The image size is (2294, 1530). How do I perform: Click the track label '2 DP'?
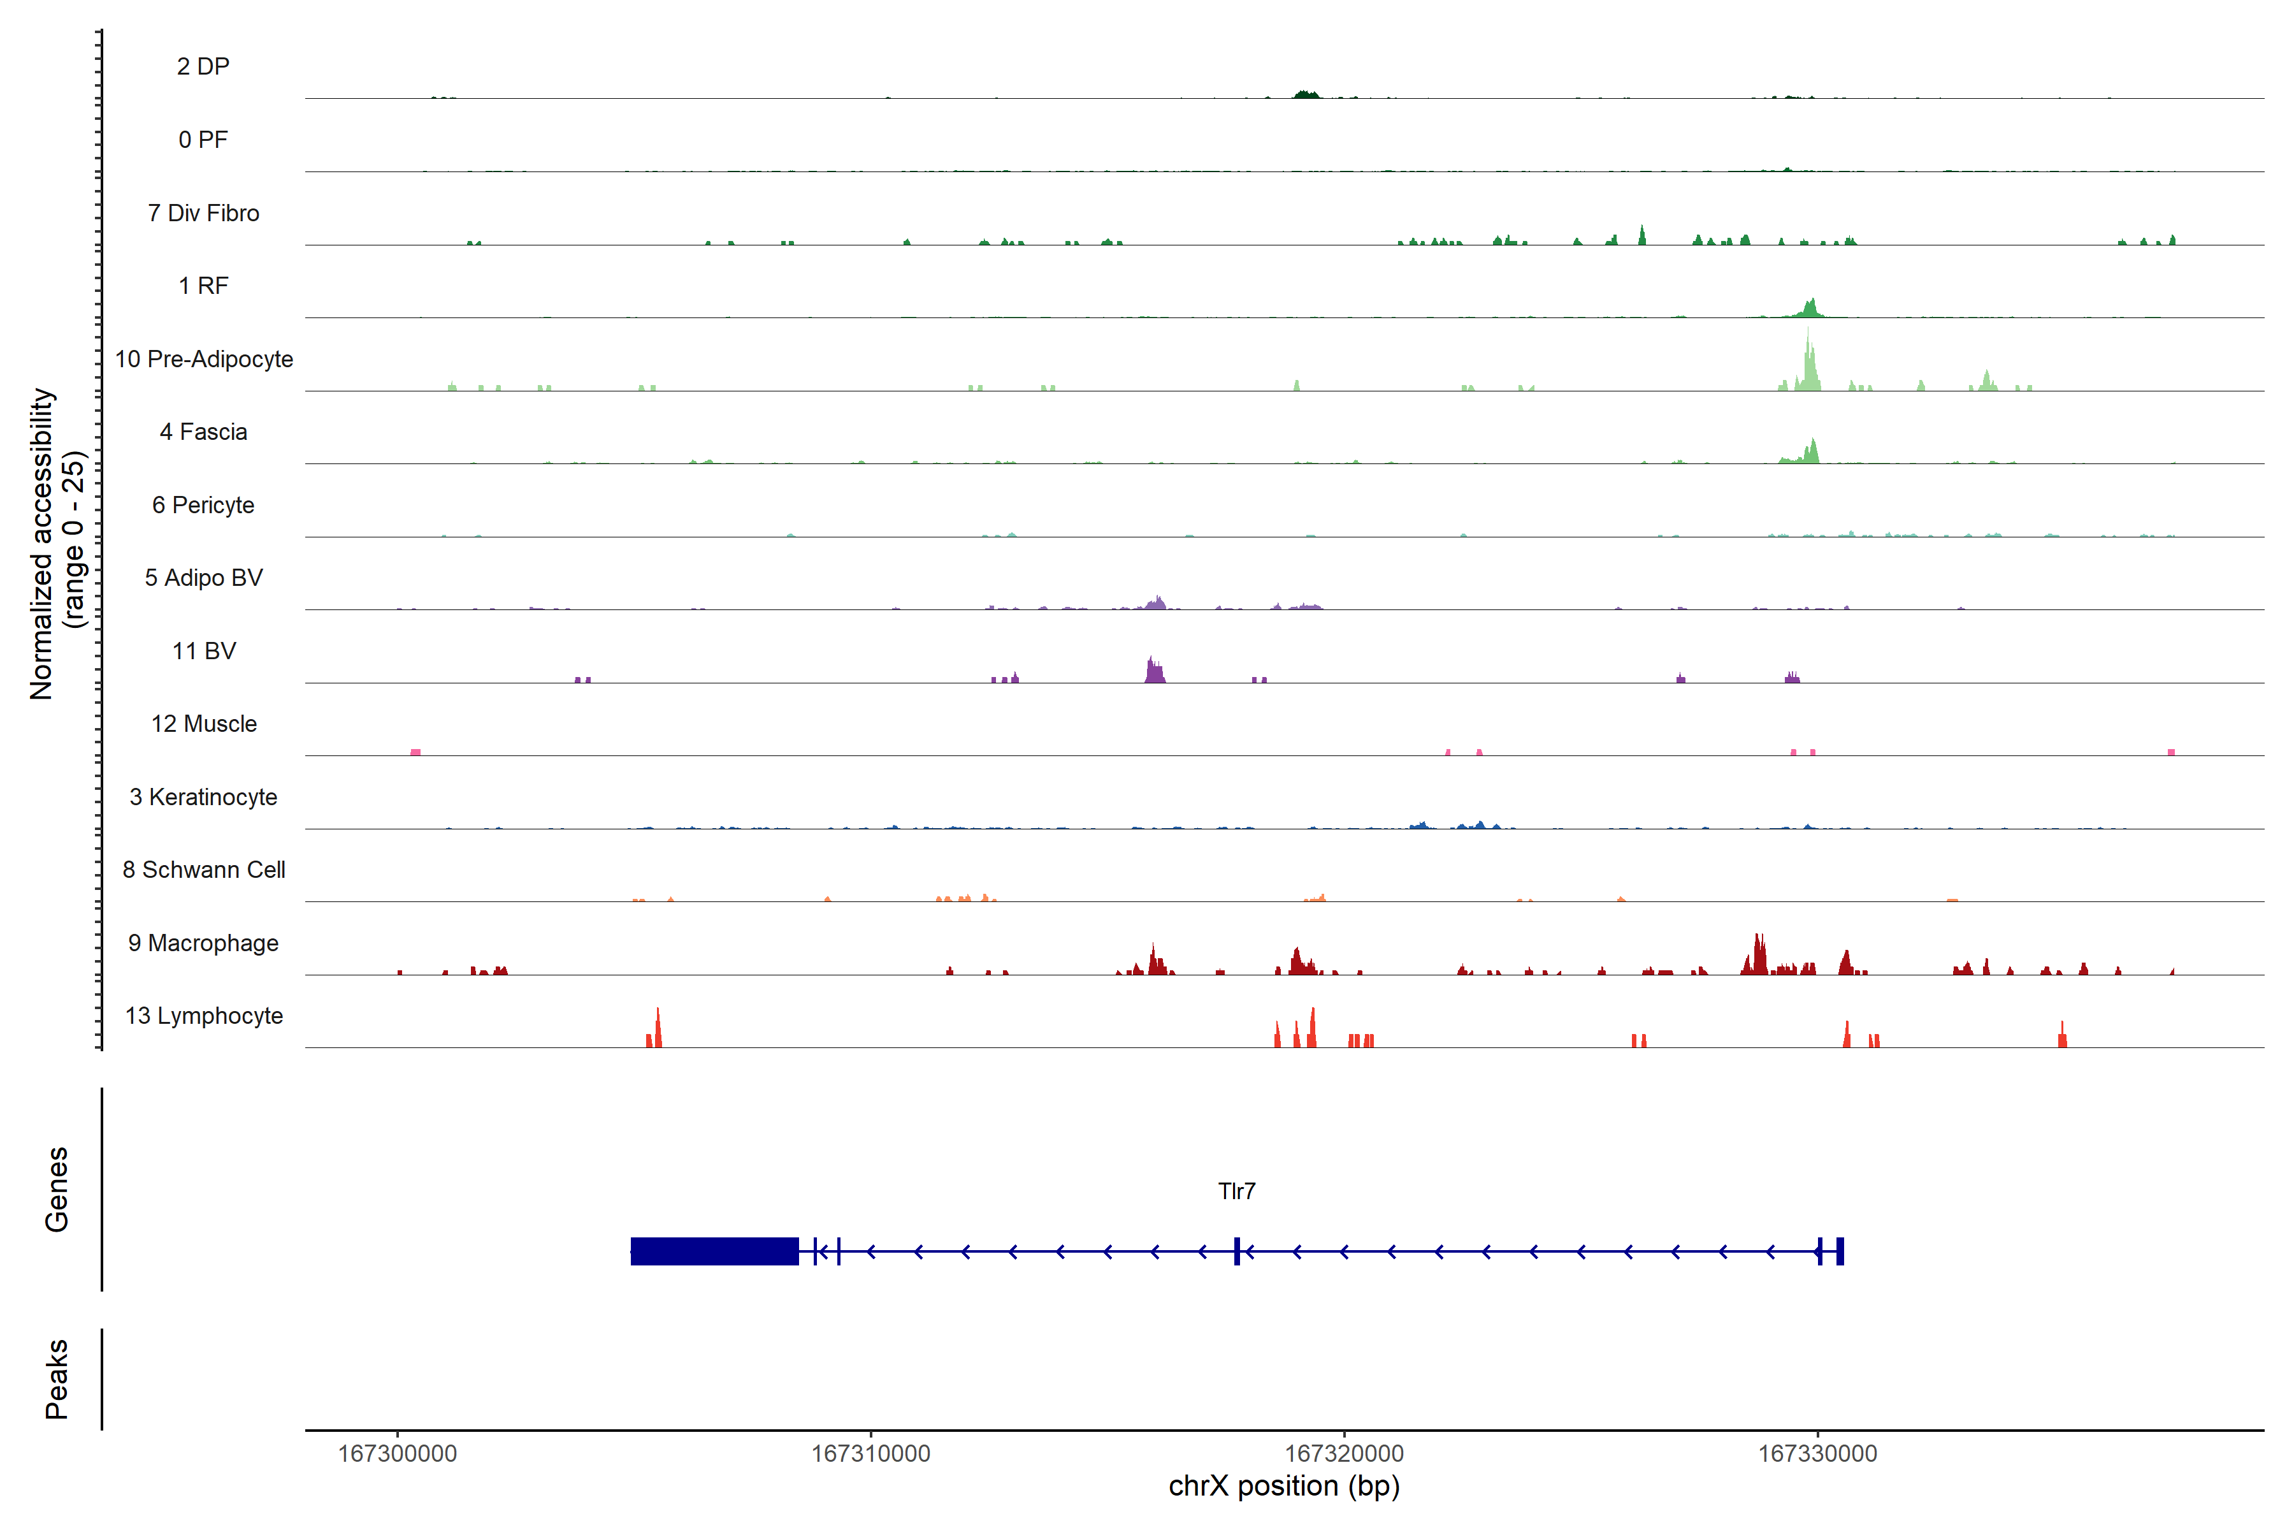[203, 66]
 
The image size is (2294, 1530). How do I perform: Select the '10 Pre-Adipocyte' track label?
[204, 359]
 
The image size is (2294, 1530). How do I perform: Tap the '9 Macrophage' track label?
[203, 943]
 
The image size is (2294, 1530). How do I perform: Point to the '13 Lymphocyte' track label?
[204, 1016]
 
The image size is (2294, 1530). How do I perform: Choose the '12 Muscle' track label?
[204, 724]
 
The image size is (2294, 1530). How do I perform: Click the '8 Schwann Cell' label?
[204, 870]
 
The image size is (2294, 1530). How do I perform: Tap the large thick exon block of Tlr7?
[714, 1251]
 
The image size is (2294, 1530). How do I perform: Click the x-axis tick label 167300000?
[397, 1454]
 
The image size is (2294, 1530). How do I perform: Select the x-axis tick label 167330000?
[1817, 1454]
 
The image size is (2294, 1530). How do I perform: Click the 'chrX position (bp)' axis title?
[1283, 1486]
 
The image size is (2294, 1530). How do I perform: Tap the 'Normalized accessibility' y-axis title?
[41, 544]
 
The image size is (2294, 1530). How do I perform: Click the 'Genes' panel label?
[57, 1190]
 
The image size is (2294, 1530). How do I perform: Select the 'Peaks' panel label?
[57, 1379]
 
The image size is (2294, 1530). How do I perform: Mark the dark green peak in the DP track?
[1306, 94]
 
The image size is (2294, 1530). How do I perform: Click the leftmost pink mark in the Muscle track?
[415, 752]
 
